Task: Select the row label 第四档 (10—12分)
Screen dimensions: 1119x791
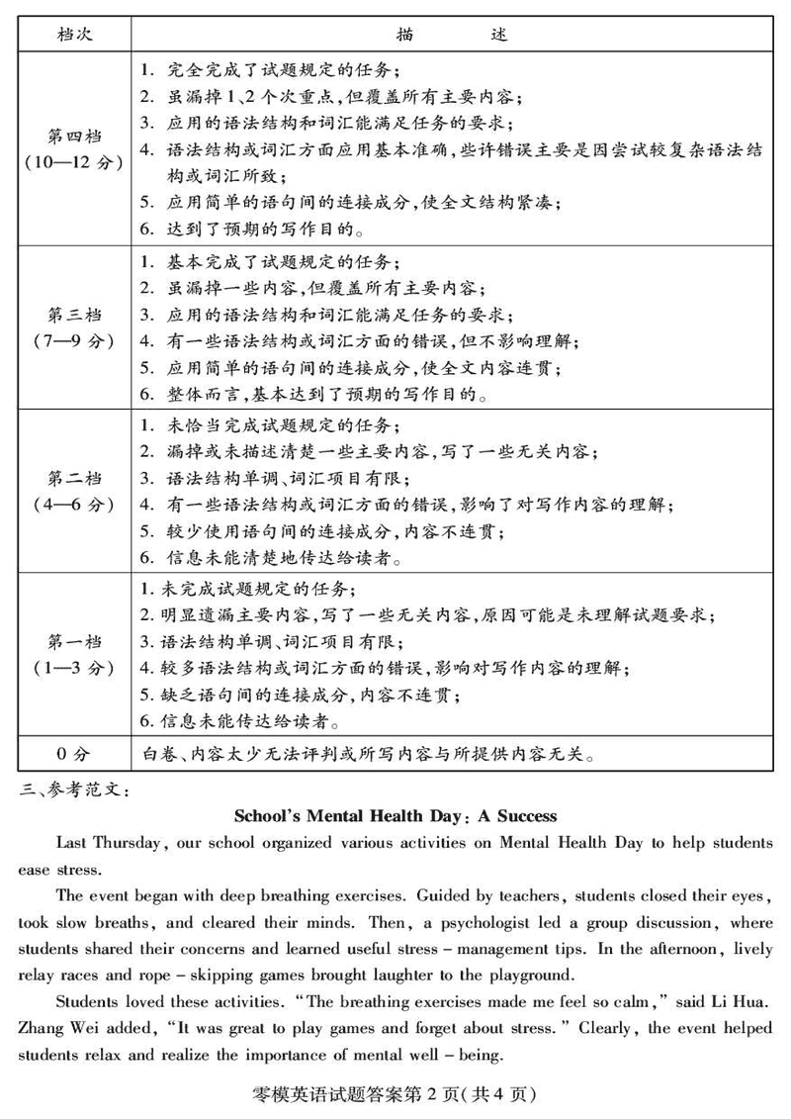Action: [75, 149]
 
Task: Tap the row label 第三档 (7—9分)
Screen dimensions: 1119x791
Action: [75, 326]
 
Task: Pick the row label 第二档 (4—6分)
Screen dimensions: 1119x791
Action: [75, 491]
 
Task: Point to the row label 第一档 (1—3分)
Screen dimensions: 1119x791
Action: [75, 654]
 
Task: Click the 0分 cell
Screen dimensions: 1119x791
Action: [75, 755]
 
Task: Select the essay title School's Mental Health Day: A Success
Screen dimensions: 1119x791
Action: [395, 816]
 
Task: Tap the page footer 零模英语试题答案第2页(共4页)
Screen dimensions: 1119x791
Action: [395, 1095]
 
